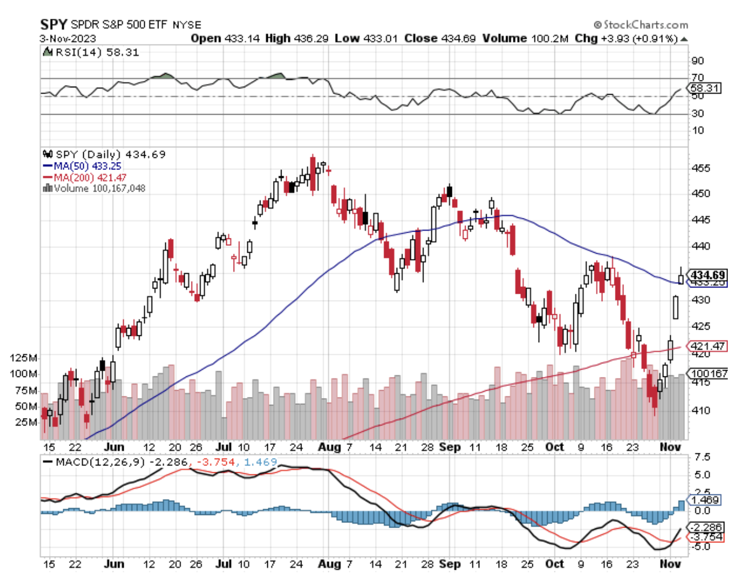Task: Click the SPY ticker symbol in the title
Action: (54, 25)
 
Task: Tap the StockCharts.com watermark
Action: (641, 25)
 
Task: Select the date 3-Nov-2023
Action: (68, 39)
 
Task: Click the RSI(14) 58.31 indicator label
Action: (97, 52)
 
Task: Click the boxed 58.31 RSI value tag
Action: (705, 88)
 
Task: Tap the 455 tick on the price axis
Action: (701, 168)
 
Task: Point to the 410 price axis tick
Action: (701, 410)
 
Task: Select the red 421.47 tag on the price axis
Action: (707, 346)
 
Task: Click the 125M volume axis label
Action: (24, 358)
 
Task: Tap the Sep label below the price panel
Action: (450, 447)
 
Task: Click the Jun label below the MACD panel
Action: (114, 564)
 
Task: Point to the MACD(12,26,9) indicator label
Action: (100, 461)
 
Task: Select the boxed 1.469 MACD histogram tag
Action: (705, 500)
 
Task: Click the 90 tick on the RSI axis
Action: (698, 61)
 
